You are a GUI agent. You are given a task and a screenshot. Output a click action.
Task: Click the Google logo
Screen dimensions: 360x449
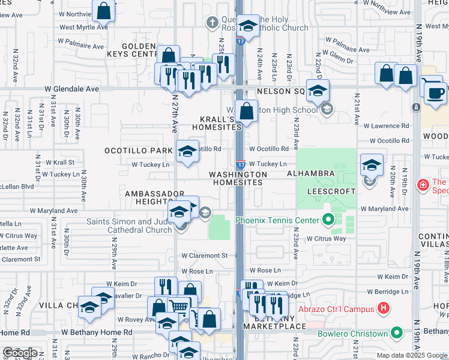tap(20, 353)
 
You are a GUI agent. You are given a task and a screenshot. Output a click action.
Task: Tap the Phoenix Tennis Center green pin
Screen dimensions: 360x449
tap(328, 220)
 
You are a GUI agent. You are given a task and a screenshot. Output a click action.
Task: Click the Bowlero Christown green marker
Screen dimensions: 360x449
tap(396, 333)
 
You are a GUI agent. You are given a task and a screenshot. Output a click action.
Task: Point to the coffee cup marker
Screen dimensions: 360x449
tap(435, 92)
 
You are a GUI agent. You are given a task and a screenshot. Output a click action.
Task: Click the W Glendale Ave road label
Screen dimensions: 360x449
tap(71, 89)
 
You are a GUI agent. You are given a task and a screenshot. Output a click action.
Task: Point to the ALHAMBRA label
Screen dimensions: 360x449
tap(310, 173)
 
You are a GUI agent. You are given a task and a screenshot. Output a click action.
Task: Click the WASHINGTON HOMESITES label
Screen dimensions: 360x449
tap(238, 178)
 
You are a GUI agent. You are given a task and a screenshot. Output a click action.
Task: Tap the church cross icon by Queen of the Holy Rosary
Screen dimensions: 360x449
tap(211, 23)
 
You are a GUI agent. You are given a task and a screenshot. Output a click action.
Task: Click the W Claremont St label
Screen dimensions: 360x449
tap(205, 256)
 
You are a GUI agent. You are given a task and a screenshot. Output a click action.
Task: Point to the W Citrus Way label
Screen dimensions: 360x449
tap(327, 239)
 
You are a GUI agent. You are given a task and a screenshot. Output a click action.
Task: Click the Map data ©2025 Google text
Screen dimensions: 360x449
tap(412, 355)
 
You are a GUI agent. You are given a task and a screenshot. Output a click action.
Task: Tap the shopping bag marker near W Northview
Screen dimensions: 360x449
tap(104, 10)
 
